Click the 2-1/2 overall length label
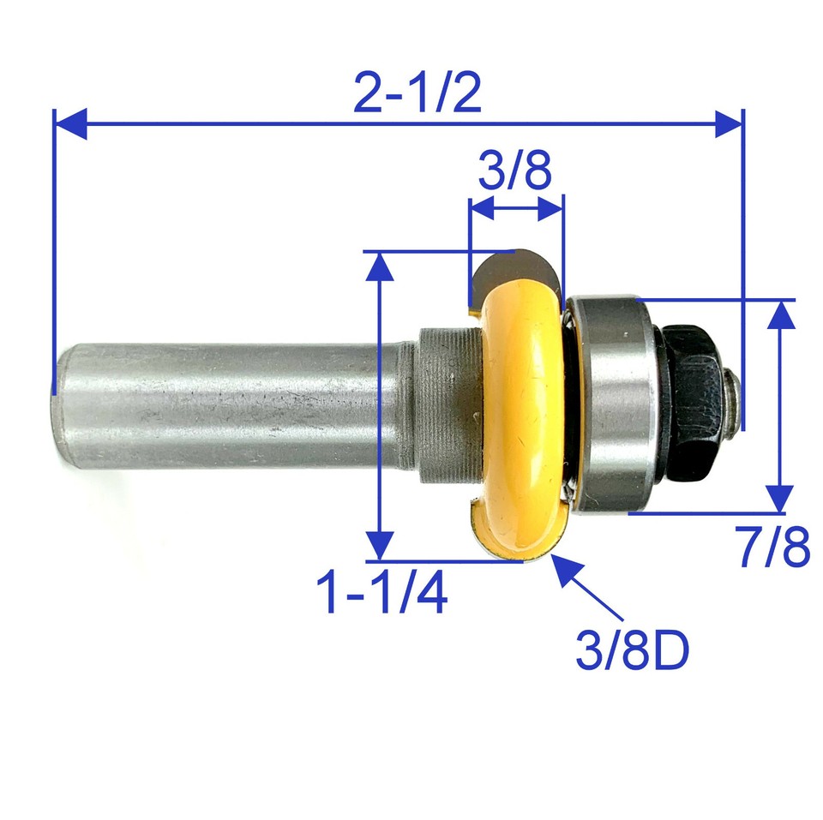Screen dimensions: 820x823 coord(418,95)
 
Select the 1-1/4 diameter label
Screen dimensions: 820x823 coord(382,594)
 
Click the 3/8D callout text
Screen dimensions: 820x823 coord(633,651)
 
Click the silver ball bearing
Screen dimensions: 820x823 coord(610,403)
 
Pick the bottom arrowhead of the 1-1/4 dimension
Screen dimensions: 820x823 coord(379,545)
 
